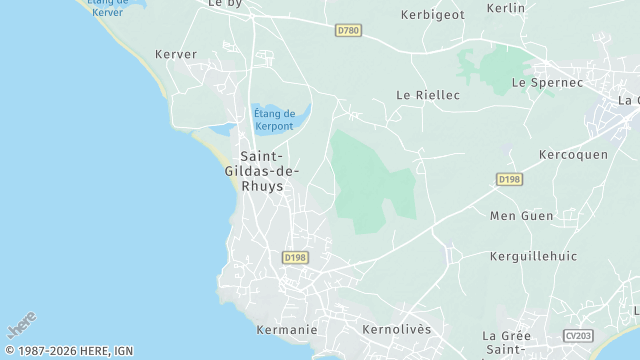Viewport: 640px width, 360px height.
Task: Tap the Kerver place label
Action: click(176, 54)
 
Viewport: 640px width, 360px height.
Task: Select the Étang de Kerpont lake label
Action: click(274, 121)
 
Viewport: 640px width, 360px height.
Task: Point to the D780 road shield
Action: click(348, 31)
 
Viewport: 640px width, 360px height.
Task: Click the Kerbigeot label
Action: click(432, 15)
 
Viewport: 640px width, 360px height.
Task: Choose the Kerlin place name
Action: click(505, 8)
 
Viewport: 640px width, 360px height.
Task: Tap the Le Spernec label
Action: click(546, 82)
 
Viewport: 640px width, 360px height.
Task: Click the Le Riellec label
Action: click(428, 95)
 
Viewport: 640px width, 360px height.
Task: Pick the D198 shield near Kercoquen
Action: click(509, 179)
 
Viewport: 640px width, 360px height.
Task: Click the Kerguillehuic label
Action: click(533, 256)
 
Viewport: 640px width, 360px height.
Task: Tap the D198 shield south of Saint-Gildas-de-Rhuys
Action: click(295, 258)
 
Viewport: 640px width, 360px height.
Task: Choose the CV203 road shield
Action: click(577, 335)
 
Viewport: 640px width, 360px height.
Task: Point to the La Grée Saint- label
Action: click(507, 342)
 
